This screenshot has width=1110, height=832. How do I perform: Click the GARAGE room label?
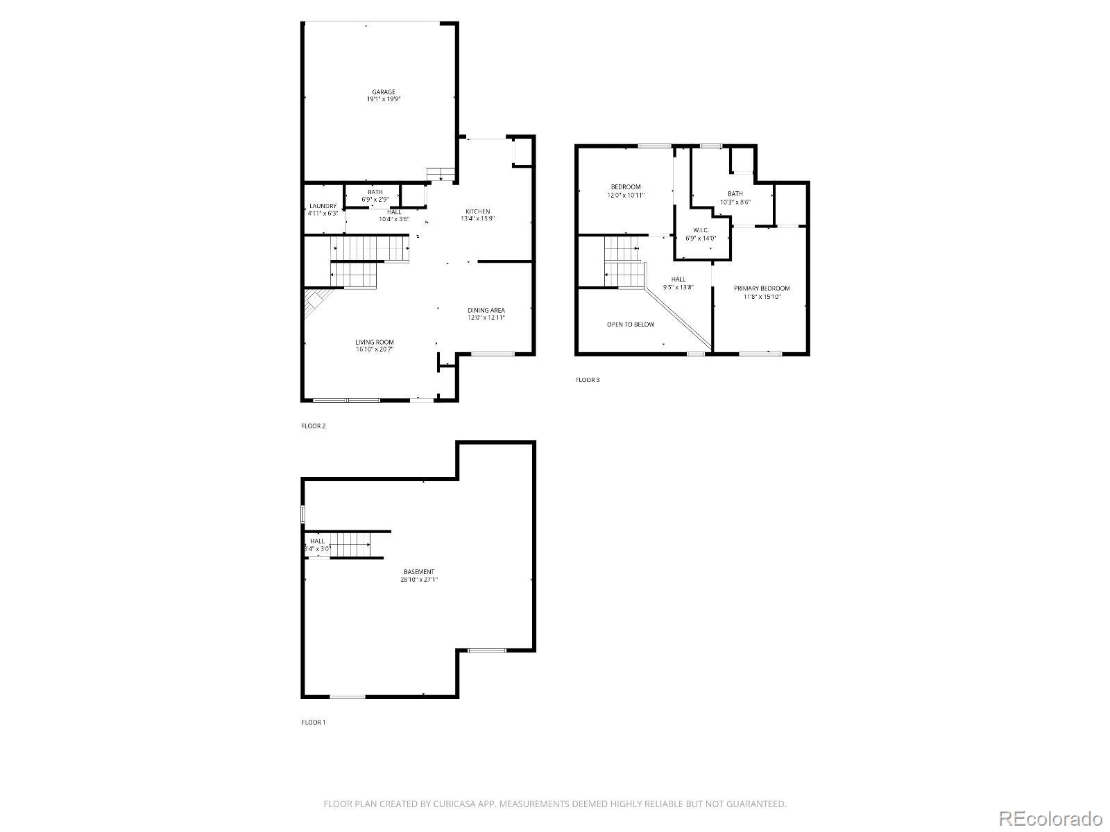384,92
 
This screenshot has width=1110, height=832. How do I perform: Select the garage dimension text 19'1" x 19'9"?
384,99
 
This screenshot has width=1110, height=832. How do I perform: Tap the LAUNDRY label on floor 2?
323,206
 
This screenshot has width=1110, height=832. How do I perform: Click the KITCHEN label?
477,211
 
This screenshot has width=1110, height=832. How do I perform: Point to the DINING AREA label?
486,310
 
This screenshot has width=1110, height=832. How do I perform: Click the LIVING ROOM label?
375,342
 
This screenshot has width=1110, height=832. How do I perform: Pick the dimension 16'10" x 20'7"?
375,349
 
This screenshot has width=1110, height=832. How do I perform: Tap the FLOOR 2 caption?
313,426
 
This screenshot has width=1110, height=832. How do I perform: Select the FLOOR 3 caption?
587,380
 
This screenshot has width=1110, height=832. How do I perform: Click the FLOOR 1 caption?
313,722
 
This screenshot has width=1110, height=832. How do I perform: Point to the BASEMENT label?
419,572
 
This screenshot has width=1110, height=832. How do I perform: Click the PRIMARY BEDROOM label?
762,288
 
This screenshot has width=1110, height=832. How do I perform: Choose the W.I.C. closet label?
700,230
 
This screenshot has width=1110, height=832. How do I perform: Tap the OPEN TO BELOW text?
630,324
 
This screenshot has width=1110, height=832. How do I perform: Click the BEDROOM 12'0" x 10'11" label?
625,187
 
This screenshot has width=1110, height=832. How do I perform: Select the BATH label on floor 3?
735,194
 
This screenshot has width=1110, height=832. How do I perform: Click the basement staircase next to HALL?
350,544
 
